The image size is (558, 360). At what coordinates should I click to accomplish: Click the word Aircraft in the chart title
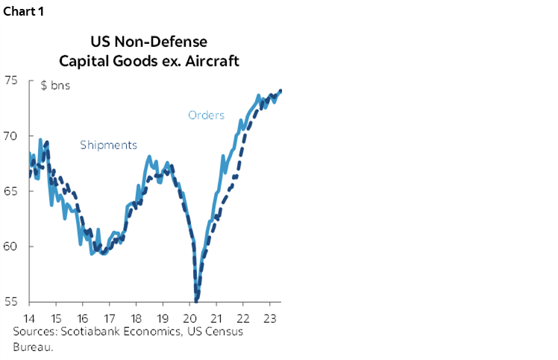click(213, 60)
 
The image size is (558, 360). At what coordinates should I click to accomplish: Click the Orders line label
click(206, 115)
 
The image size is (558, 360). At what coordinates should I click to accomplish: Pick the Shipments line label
click(108, 145)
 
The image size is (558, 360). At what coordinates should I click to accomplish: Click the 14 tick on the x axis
click(30, 317)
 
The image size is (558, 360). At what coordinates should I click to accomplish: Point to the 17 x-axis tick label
click(109, 317)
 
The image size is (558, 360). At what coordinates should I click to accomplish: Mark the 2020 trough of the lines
click(197, 299)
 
